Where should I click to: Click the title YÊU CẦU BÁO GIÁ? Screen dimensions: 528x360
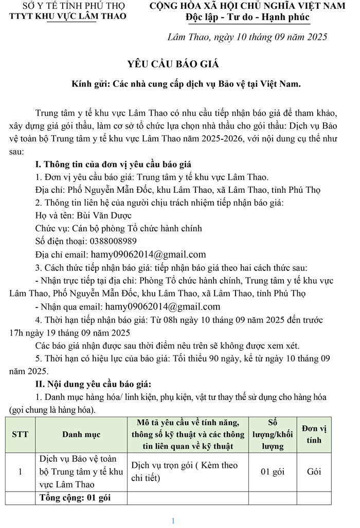173,64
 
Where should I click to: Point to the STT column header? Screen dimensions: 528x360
20,434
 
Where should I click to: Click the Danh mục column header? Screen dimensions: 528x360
81,434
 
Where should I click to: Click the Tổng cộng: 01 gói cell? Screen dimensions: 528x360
75,498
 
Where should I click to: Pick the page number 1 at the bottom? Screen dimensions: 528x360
173,521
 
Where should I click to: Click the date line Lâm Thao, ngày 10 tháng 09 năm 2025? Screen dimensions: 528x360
247,38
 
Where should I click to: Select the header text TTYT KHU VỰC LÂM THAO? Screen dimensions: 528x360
68,16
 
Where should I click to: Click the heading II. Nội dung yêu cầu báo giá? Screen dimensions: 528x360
93,384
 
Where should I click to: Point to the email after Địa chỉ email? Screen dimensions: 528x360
149,254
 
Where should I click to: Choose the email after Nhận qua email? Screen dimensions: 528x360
163,307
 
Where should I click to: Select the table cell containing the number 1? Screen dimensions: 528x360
20,471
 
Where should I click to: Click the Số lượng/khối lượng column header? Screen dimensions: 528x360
273,434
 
